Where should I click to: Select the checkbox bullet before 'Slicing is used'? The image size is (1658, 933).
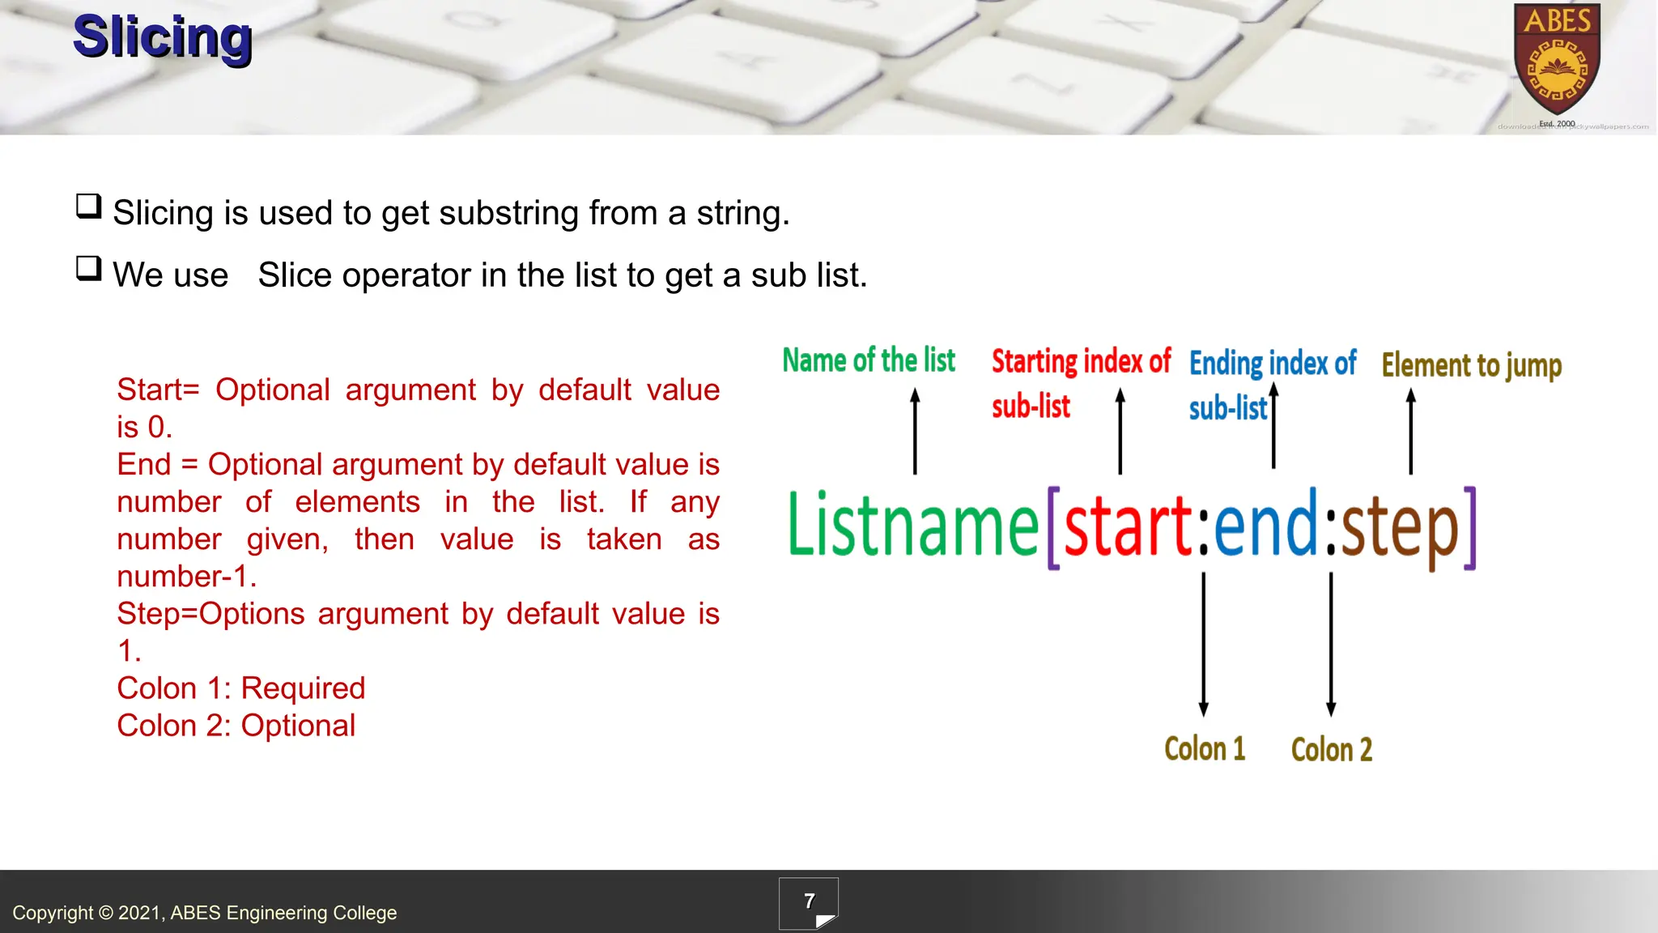(x=88, y=207)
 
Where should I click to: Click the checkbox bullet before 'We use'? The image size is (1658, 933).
(x=88, y=268)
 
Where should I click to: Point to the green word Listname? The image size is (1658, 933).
(x=912, y=526)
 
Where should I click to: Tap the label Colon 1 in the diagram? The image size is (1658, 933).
(x=1205, y=749)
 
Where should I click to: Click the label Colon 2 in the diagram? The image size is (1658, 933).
(x=1332, y=750)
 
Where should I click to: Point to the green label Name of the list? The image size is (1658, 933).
(x=869, y=360)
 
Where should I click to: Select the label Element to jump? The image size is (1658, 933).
(x=1471, y=365)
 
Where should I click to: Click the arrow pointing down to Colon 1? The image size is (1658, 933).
(x=1203, y=644)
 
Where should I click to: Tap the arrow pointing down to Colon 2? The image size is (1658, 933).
(x=1331, y=644)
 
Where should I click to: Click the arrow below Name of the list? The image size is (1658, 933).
(x=915, y=431)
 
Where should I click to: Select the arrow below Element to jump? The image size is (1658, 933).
(x=1410, y=431)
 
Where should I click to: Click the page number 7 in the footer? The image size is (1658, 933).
(x=809, y=901)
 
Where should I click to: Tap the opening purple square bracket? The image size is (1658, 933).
(x=1053, y=528)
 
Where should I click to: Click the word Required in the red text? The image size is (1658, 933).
(x=303, y=688)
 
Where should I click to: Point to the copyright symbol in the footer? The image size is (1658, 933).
(x=106, y=913)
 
